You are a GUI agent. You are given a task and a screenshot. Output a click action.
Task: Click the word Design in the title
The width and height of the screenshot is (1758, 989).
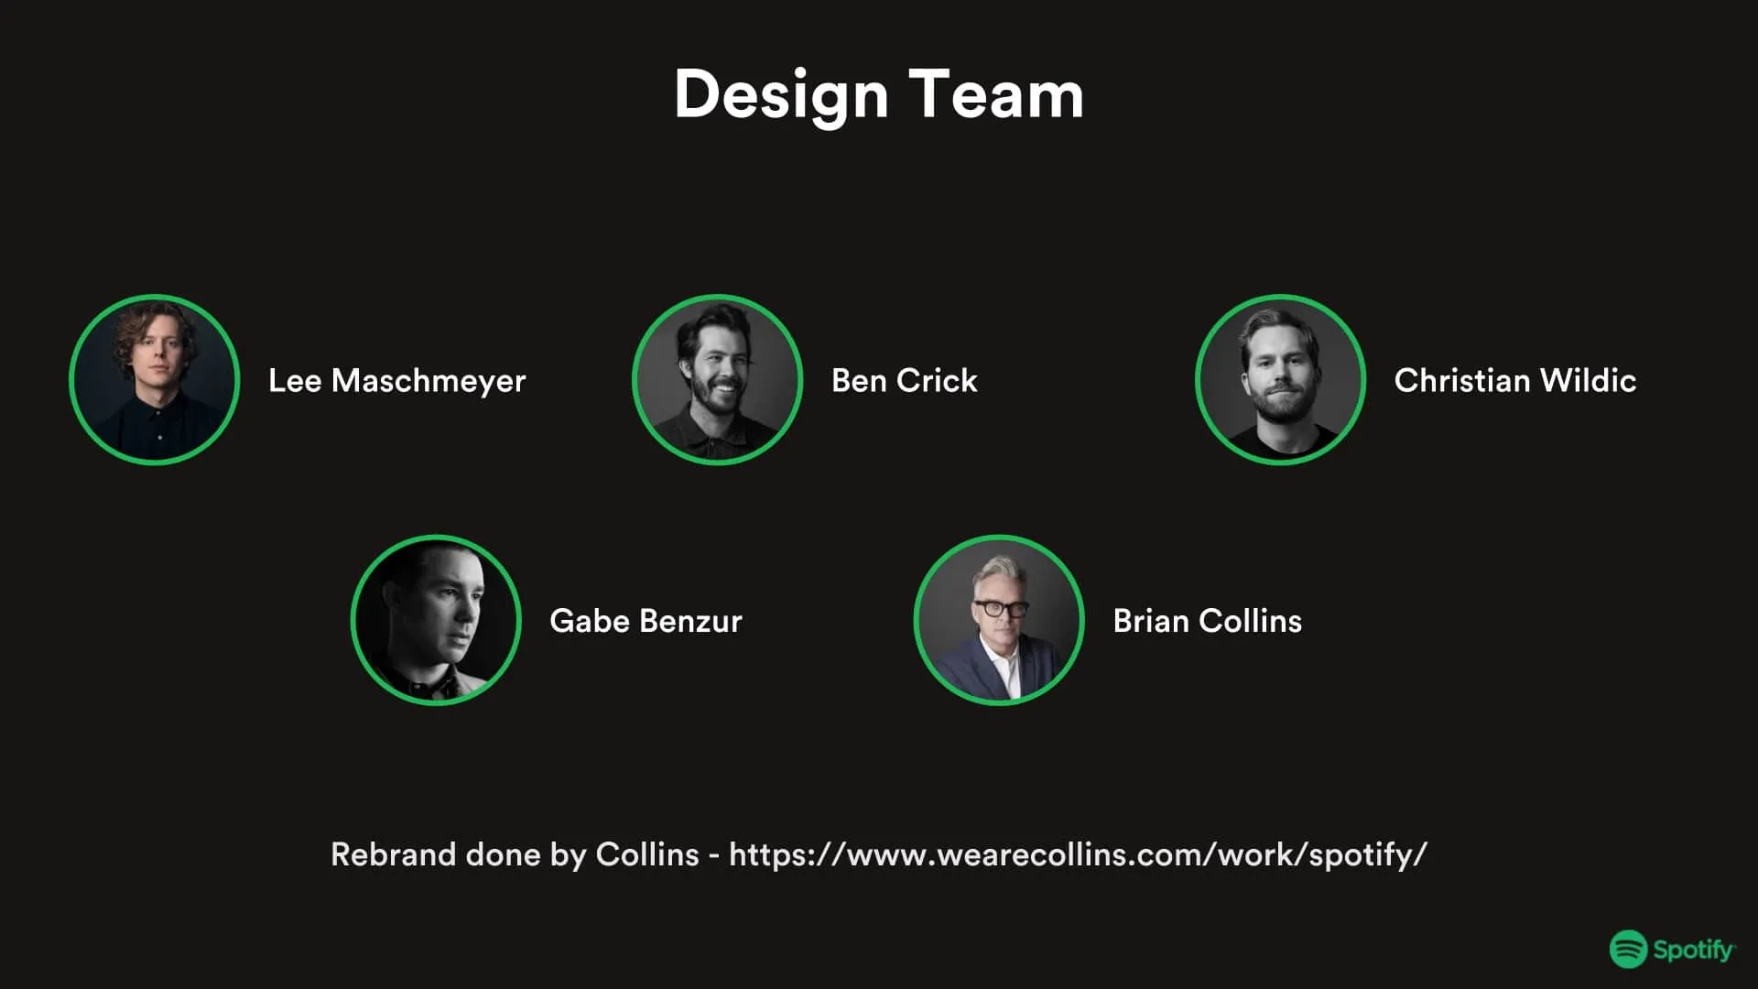(x=781, y=95)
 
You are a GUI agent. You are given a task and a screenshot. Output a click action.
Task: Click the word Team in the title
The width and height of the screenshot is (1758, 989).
(x=996, y=95)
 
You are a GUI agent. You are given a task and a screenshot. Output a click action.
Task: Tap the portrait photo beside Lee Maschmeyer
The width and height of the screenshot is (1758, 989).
(x=155, y=379)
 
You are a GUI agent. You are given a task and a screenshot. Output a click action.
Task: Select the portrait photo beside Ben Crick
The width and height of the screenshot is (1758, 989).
(x=718, y=379)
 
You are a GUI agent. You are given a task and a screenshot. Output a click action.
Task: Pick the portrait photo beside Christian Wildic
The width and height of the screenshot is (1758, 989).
(x=1280, y=379)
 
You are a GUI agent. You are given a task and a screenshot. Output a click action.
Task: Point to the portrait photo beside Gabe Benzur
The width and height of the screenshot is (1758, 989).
(x=436, y=620)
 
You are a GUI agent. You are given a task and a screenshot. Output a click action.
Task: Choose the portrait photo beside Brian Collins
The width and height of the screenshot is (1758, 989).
(x=999, y=620)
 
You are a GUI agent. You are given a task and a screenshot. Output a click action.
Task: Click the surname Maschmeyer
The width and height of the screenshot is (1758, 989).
(x=429, y=381)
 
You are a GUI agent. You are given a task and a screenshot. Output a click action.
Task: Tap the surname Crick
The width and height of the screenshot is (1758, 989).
(x=937, y=381)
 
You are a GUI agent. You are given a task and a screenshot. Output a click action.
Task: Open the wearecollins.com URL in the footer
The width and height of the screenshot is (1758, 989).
(x=1078, y=854)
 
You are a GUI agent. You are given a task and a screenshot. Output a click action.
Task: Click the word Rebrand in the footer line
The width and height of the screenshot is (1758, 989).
(x=393, y=854)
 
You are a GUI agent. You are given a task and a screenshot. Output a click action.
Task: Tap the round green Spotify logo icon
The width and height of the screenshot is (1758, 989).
(x=1628, y=950)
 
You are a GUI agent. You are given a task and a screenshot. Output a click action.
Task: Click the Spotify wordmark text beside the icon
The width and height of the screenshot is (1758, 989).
(x=1693, y=951)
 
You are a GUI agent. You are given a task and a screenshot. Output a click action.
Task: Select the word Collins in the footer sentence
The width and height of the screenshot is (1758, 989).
(x=646, y=854)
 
